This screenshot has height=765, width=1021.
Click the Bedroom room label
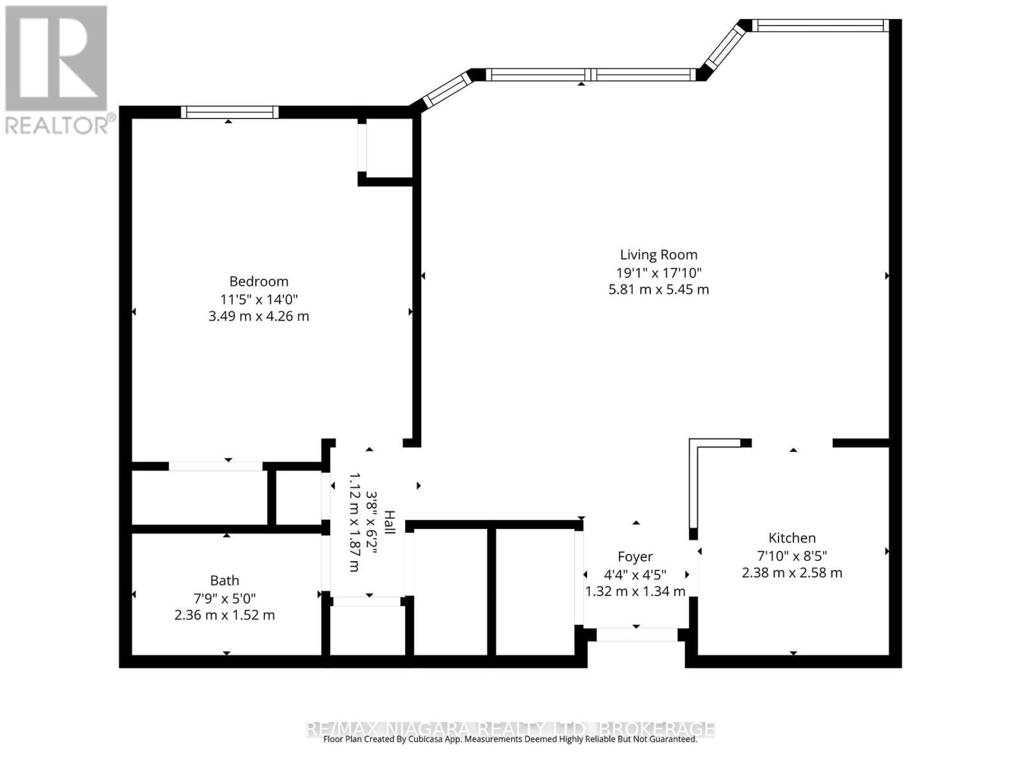(x=258, y=281)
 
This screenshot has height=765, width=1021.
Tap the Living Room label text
(x=659, y=254)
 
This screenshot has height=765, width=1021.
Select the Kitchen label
(x=792, y=537)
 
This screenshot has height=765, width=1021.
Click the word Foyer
(x=635, y=557)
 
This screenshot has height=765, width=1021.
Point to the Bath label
(x=225, y=580)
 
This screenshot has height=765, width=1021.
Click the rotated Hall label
(x=389, y=523)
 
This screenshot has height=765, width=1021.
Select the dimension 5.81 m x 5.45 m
(x=659, y=289)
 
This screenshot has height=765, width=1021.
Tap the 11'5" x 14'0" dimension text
(x=258, y=299)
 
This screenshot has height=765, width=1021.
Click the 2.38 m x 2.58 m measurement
(x=792, y=572)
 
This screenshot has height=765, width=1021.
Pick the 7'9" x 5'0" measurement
(x=225, y=598)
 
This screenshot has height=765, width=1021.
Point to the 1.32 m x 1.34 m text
(x=635, y=591)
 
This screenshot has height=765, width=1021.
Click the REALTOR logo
(x=57, y=70)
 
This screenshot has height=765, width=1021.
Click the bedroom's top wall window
(x=230, y=112)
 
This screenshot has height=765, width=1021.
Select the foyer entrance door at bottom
(x=636, y=634)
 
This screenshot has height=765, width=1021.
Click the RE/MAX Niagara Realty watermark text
(x=511, y=728)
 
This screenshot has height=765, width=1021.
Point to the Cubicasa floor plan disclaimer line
(x=511, y=739)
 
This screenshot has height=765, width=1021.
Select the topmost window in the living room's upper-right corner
(x=820, y=25)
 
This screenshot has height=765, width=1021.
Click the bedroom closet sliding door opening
(x=216, y=466)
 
